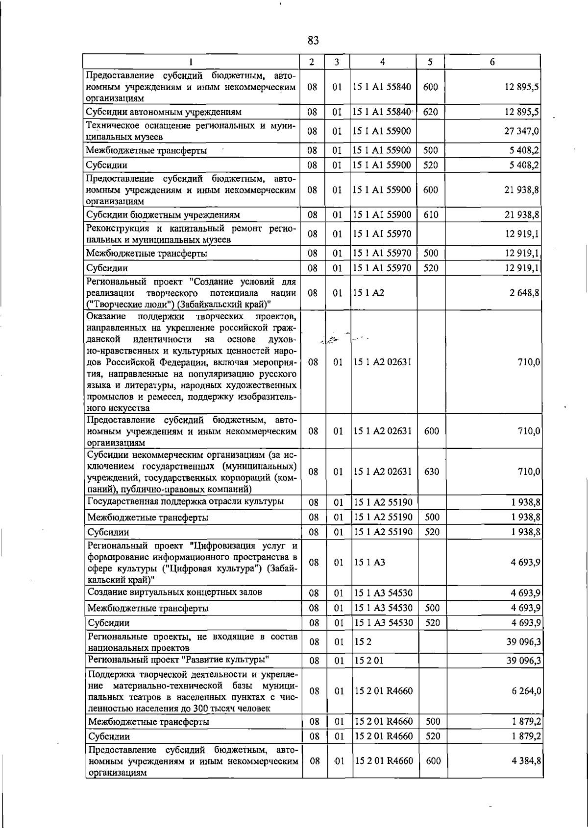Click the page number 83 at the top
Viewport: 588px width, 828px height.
pos(314,40)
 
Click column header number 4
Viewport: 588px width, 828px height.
pos(382,62)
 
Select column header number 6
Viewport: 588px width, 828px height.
pos(492,62)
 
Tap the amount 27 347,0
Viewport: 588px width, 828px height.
pos(522,131)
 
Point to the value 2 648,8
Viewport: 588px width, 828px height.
pos(524,293)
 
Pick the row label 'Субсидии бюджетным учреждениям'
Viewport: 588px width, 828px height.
pos(163,214)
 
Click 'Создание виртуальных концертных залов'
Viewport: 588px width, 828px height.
pos(175,592)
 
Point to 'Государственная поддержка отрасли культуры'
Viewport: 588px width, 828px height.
pos(185,501)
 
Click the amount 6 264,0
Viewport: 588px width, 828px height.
pos(524,691)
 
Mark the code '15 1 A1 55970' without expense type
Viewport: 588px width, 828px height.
pos(382,234)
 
